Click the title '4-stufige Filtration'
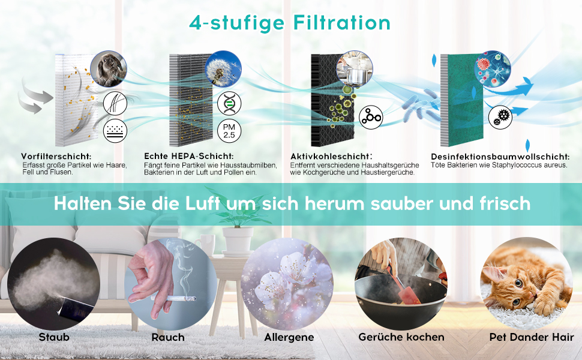coord(290,23)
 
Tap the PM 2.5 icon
coord(229,132)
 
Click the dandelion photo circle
coord(223,69)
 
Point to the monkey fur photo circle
coord(109,69)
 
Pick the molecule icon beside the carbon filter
coord(371,118)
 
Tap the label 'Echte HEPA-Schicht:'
coord(184,155)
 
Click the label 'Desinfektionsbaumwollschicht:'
coord(499,156)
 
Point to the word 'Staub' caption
coord(54,337)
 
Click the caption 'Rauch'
coord(168,337)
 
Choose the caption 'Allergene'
coord(289,337)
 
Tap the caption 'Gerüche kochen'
coord(401,337)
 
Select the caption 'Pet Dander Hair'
coord(527,337)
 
